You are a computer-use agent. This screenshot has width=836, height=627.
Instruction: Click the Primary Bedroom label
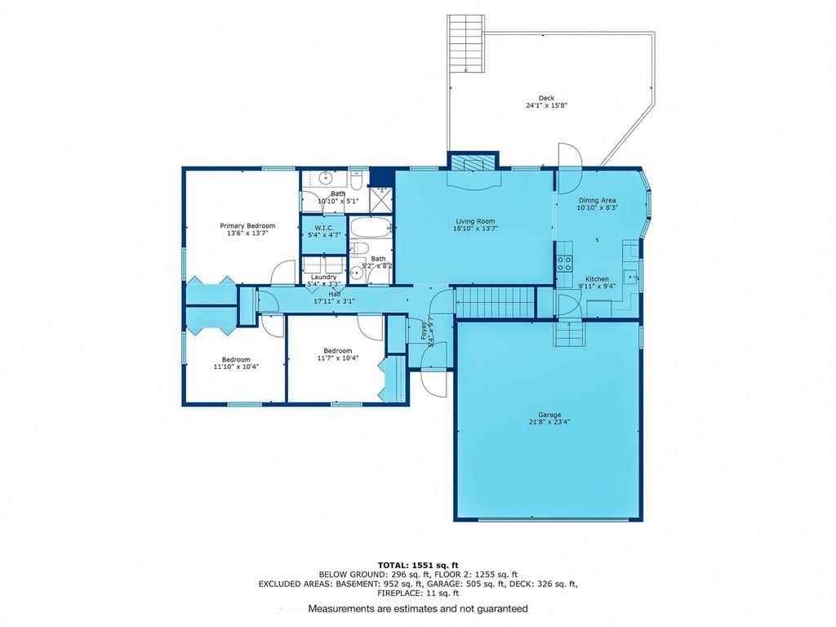coord(247,226)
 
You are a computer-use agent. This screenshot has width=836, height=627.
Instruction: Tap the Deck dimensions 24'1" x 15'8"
coord(546,105)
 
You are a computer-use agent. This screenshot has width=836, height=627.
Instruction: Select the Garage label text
coord(549,415)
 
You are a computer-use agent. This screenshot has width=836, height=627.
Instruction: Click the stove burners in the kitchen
coord(565,264)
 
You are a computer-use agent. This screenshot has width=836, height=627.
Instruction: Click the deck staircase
coord(466,43)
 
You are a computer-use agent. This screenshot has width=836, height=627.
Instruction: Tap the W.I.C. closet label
coord(324,228)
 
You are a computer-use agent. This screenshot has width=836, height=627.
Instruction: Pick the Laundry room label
coord(323,278)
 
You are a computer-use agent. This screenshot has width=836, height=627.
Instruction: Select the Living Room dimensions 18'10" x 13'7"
coord(475,229)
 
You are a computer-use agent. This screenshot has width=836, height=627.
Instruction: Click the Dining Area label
coord(597,201)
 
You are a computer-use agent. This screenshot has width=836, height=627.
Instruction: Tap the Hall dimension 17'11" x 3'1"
coord(334,301)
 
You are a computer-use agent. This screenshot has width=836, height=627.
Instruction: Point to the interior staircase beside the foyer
coord(495,302)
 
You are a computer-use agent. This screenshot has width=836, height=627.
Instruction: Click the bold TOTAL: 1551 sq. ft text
coord(418,565)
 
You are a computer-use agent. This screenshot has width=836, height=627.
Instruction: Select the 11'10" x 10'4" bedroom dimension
coord(236,367)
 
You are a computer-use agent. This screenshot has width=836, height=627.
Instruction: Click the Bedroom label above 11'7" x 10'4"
coord(337,351)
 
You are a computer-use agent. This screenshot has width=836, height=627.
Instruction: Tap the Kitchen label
coord(597,279)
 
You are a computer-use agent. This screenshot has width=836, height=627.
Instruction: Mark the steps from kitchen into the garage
coord(569,334)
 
